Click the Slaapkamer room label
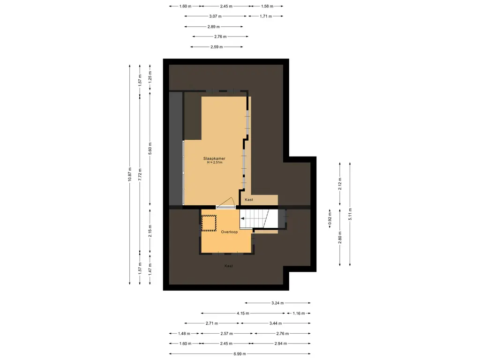click(214, 158)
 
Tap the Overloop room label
click(229, 232)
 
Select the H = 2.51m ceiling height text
click(215, 163)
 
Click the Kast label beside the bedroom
click(249, 200)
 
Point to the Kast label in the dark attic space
click(228, 266)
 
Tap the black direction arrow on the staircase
click(242, 218)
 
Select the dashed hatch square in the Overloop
click(209, 223)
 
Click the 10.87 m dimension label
click(129, 174)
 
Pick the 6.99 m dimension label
click(240, 354)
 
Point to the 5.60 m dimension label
click(150, 149)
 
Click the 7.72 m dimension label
click(140, 174)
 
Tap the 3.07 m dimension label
click(216, 16)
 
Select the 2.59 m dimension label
click(217, 47)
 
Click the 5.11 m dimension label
click(350, 214)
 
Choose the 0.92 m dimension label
click(330, 219)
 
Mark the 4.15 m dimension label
click(243, 313)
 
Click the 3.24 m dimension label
click(277, 303)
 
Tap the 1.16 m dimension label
click(299, 313)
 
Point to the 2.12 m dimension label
click(340, 184)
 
